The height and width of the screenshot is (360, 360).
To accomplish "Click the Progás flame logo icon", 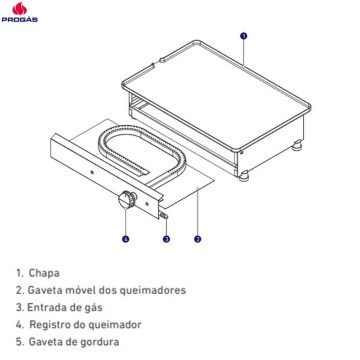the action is coord(19,9).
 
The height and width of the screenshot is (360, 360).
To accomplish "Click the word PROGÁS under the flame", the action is coord(19,19).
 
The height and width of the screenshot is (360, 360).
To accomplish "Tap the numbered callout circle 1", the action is coord(243,36).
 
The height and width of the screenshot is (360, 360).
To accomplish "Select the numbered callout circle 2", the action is coord(198,239).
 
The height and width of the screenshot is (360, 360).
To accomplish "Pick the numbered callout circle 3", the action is coord(166,239).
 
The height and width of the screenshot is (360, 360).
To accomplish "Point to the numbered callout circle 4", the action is coord(126,239).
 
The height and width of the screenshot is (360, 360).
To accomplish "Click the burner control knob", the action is coord(127,199).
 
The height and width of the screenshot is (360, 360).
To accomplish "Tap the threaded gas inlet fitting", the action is coord(164,216).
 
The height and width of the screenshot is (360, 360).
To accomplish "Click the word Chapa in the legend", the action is coord(44,273).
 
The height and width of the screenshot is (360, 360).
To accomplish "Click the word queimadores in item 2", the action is coord(153,291).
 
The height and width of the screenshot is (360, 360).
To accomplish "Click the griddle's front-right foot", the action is coord(244,176).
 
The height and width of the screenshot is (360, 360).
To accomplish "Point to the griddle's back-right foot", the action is coord(297,145).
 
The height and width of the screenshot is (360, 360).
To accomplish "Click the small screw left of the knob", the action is coord(92,172).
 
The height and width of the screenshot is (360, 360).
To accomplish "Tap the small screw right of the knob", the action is coord(147,204).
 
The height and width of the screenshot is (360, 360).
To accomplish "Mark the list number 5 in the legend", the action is coord(19,342).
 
